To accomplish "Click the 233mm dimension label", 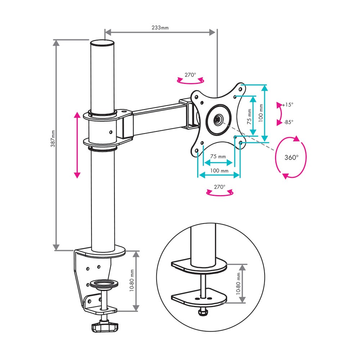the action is (160, 28).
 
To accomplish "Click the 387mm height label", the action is (53, 139).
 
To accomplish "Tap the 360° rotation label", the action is (291, 158).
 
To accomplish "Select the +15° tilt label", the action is (288, 105).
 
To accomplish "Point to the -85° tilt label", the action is (288, 122).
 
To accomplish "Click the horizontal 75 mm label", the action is (218, 156).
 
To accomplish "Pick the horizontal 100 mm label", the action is (219, 171).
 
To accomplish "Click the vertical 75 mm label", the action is (249, 117).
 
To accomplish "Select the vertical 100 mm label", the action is (261, 113).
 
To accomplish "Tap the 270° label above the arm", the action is (190, 75).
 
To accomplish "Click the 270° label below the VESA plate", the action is (220, 187).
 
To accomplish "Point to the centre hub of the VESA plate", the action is (218, 120).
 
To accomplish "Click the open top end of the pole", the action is (102, 43).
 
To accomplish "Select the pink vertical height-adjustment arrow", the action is (77, 145).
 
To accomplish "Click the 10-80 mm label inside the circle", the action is (238, 284).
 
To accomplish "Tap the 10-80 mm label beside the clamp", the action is (131, 280).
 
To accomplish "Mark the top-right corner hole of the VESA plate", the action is (240, 89).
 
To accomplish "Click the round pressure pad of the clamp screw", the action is (104, 284).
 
